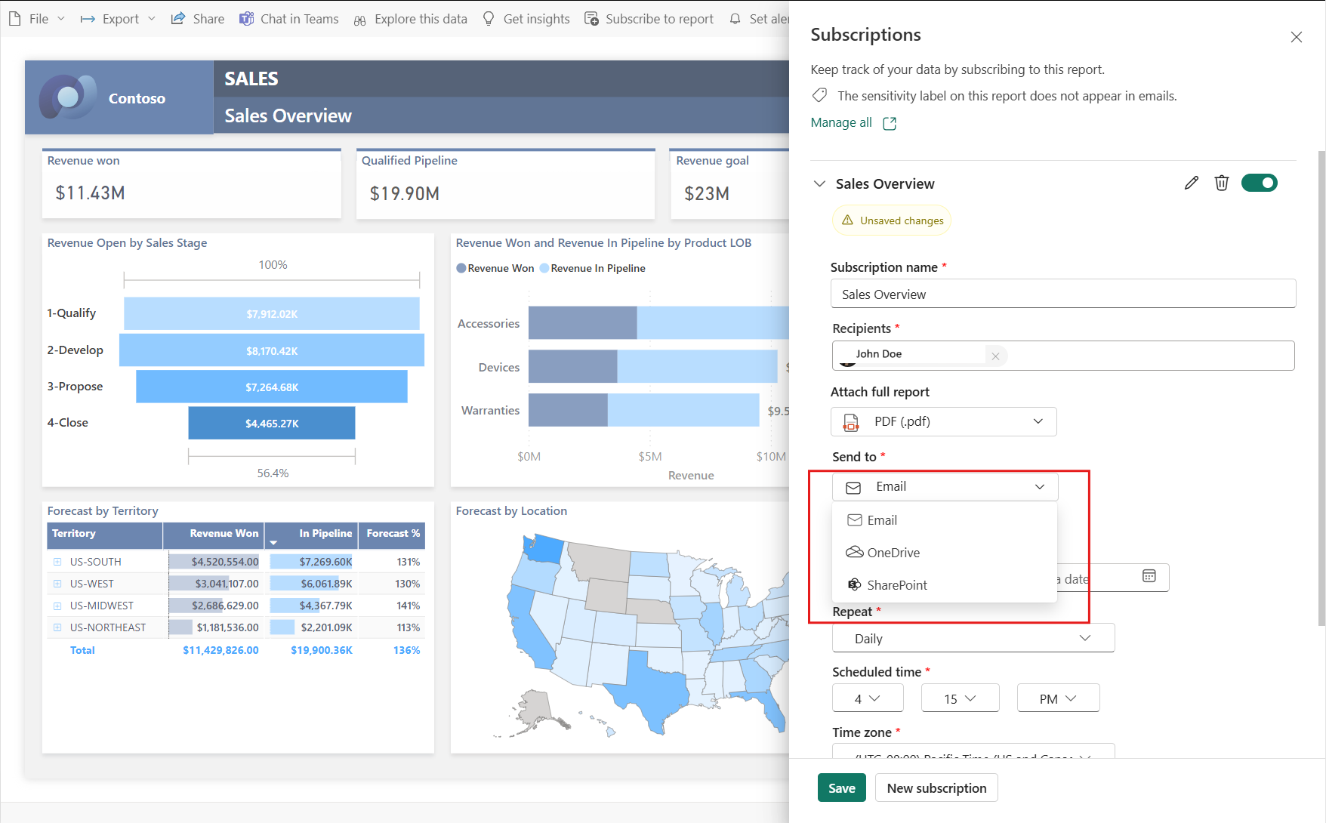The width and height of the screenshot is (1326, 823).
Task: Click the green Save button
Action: pos(841,788)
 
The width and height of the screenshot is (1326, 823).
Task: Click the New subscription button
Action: pos(936,788)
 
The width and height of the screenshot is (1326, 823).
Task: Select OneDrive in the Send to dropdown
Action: pos(893,553)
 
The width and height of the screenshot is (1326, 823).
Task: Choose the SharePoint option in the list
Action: pos(896,585)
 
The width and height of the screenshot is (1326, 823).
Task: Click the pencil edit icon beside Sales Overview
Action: pos(1191,183)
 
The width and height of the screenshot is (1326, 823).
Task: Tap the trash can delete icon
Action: pos(1221,183)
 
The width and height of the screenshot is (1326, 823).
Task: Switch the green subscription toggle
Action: pos(1259,183)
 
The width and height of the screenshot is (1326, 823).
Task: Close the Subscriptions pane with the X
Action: pos(1296,37)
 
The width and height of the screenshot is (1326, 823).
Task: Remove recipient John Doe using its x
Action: pos(995,356)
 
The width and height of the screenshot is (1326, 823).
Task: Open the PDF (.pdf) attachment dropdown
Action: pos(943,421)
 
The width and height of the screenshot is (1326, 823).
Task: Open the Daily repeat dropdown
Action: pos(973,639)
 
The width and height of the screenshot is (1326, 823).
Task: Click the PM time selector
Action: pos(1057,699)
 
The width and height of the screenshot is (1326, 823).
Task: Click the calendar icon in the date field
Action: pos(1149,577)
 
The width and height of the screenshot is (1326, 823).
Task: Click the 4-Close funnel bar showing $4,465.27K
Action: pos(272,424)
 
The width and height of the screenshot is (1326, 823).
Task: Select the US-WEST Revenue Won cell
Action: pos(214,584)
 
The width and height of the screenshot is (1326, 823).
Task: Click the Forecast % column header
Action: pos(392,534)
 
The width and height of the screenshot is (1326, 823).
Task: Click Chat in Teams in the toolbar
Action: pos(289,19)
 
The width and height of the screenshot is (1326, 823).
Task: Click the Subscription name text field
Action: pos(1062,294)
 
